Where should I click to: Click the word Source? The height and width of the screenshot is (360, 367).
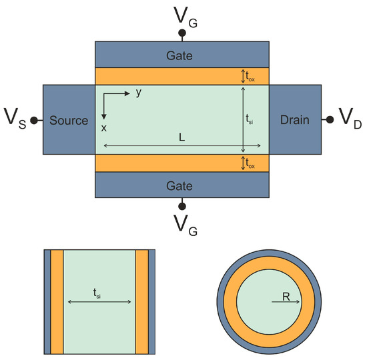pyautogui.click(x=69, y=121)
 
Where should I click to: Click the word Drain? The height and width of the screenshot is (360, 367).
pyautogui.click(x=294, y=120)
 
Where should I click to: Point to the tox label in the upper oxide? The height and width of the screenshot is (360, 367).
pyautogui.click(x=252, y=77)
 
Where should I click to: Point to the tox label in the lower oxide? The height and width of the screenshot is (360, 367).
pyautogui.click(x=252, y=163)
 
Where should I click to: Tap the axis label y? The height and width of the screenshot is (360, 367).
pyautogui.click(x=139, y=93)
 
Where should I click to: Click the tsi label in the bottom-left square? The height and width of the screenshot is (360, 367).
pyautogui.click(x=99, y=293)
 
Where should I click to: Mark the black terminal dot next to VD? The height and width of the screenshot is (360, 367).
pyautogui.click(x=330, y=120)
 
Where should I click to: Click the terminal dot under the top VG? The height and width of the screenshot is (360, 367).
pyautogui.click(x=181, y=32)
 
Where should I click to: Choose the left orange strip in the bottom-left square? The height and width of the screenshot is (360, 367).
pyautogui.click(x=57, y=302)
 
